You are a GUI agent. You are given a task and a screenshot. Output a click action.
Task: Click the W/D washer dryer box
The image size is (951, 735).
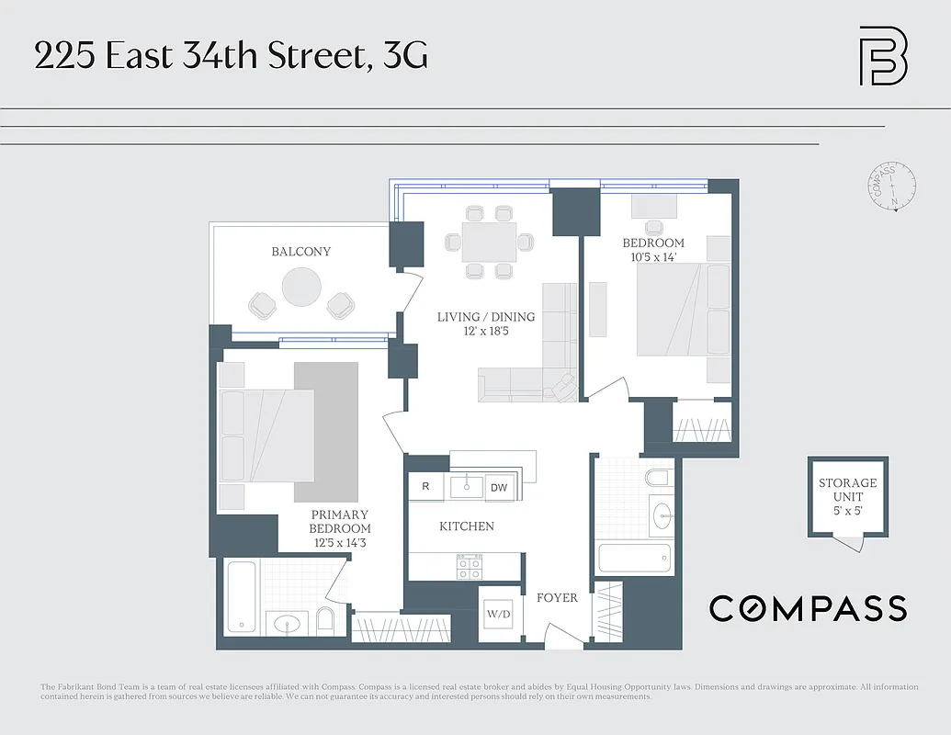(499, 613)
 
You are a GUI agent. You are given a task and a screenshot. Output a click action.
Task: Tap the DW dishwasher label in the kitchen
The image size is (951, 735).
(499, 487)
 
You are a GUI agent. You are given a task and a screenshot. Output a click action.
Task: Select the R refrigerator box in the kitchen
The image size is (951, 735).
(425, 487)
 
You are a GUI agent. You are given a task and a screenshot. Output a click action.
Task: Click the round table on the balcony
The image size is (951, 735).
(301, 287)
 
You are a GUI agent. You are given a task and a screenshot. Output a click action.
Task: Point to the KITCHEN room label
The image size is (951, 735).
(467, 526)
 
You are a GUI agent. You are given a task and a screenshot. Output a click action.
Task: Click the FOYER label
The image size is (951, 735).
(557, 598)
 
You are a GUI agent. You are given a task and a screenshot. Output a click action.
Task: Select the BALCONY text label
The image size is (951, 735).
(300, 252)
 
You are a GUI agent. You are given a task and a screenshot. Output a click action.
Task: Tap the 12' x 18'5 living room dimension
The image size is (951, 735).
(486, 331)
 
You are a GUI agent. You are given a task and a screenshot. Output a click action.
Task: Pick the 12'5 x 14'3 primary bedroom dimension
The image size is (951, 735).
(341, 543)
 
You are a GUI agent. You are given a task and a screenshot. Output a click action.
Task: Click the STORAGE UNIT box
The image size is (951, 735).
(848, 496)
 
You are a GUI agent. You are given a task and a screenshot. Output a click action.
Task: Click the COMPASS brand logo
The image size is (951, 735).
(808, 608)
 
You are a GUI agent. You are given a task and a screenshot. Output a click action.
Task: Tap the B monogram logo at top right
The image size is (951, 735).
(883, 56)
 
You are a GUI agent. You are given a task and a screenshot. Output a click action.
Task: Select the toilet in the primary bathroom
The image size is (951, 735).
(324, 620)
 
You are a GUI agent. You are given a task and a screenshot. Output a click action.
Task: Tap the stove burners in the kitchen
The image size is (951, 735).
(470, 567)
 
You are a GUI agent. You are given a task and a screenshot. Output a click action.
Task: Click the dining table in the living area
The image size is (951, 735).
(488, 242)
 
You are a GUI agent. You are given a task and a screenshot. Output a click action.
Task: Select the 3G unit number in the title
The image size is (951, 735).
(405, 56)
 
